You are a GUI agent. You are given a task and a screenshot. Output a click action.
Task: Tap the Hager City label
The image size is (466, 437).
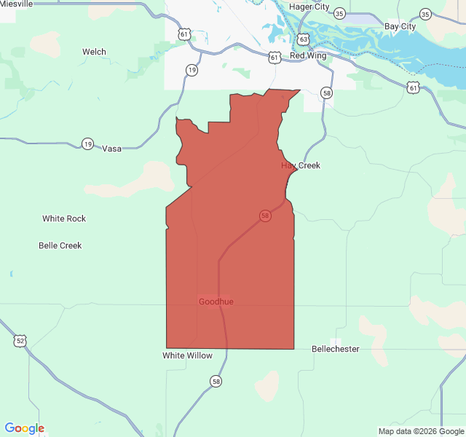[x=309, y=7]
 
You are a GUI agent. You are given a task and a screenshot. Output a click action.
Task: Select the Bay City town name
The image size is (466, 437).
[x=400, y=26]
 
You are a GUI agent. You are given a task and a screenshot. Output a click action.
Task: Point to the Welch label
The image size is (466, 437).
[x=94, y=52]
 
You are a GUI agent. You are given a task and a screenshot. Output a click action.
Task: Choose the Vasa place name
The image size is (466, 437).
[x=111, y=149]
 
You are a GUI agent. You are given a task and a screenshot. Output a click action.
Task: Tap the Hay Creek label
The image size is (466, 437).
[x=301, y=165]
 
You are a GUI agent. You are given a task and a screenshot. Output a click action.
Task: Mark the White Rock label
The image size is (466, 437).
[x=64, y=219]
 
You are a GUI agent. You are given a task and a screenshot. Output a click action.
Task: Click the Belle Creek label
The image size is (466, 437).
[x=60, y=245]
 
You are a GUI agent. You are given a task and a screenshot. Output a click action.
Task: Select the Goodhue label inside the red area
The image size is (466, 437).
[x=216, y=302]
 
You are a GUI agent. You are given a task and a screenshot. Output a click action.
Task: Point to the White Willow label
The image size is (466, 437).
[x=187, y=355]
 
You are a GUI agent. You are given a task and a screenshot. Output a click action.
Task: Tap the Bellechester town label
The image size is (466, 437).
[x=336, y=349]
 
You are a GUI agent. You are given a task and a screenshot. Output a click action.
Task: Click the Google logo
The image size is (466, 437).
[x=24, y=428]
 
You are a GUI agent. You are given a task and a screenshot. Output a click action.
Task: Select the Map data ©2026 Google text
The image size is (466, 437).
[x=421, y=431]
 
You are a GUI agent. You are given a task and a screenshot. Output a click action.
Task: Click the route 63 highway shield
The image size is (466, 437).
[x=303, y=39]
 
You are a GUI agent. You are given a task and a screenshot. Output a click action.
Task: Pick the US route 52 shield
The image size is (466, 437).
[x=20, y=340]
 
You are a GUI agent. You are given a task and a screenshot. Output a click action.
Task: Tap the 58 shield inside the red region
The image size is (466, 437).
[x=265, y=216]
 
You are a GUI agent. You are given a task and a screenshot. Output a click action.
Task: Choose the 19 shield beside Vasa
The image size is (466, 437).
[x=87, y=143]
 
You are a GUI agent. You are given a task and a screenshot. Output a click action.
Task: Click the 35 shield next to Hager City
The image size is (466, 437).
[x=340, y=14]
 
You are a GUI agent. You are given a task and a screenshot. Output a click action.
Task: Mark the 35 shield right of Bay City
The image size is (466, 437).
[x=425, y=14]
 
